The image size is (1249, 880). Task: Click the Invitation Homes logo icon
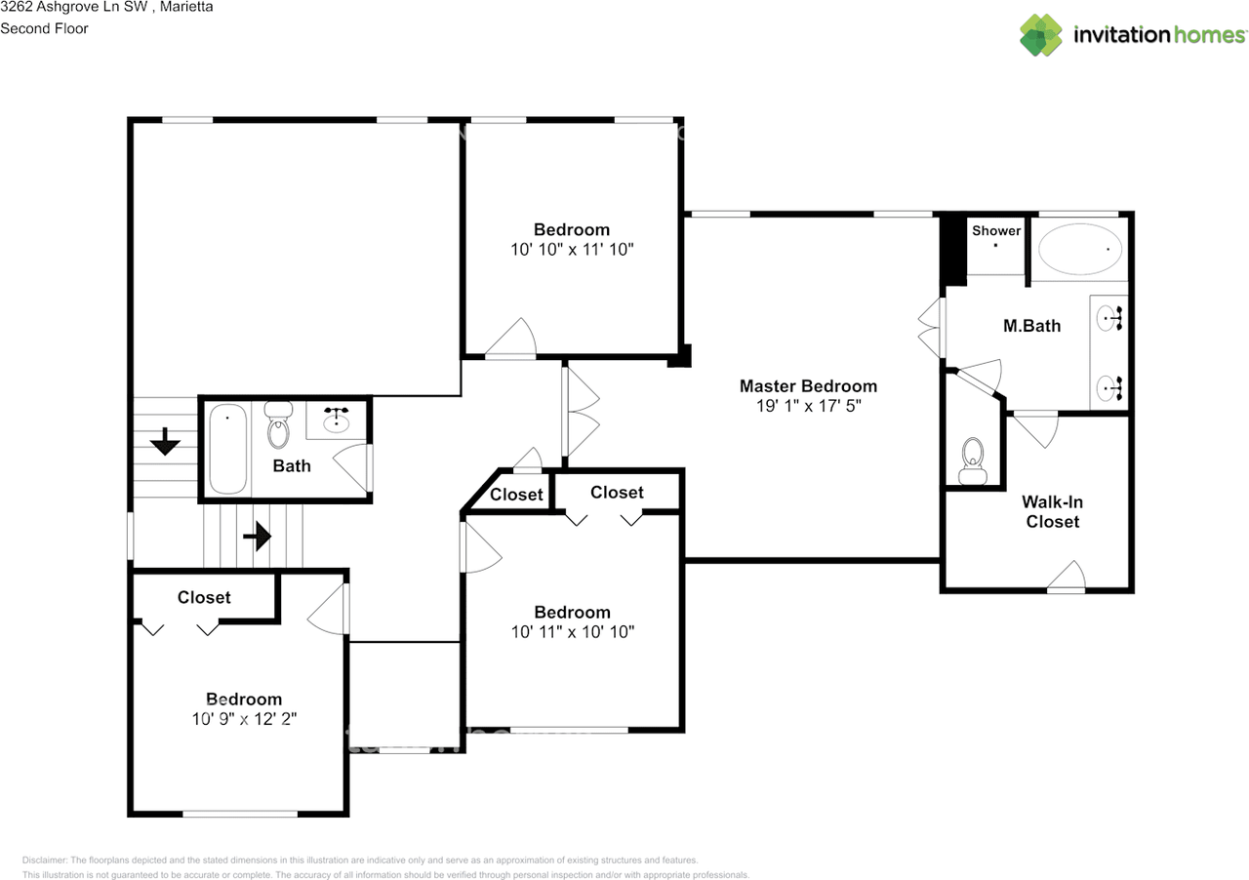1041,35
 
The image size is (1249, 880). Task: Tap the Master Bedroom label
808,386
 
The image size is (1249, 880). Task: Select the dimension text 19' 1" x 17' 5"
808,406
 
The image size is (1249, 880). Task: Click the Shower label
996,231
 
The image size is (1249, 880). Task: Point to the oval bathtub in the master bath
1079,250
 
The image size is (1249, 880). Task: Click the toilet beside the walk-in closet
972,460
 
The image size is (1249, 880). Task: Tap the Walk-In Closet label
1052,512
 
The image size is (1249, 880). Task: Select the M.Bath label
1031,326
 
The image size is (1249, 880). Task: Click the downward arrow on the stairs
165,443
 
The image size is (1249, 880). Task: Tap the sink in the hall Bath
338,420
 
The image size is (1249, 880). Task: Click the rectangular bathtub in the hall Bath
228,450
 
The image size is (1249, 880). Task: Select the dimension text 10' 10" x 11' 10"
572,250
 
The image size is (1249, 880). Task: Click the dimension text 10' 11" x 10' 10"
572,632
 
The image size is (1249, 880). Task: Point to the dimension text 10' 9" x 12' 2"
244,719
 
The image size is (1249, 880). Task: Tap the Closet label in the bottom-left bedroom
204,597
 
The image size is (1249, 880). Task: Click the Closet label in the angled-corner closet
516,495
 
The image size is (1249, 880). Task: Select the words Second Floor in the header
44,28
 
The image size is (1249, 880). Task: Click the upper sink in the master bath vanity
1110,316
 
